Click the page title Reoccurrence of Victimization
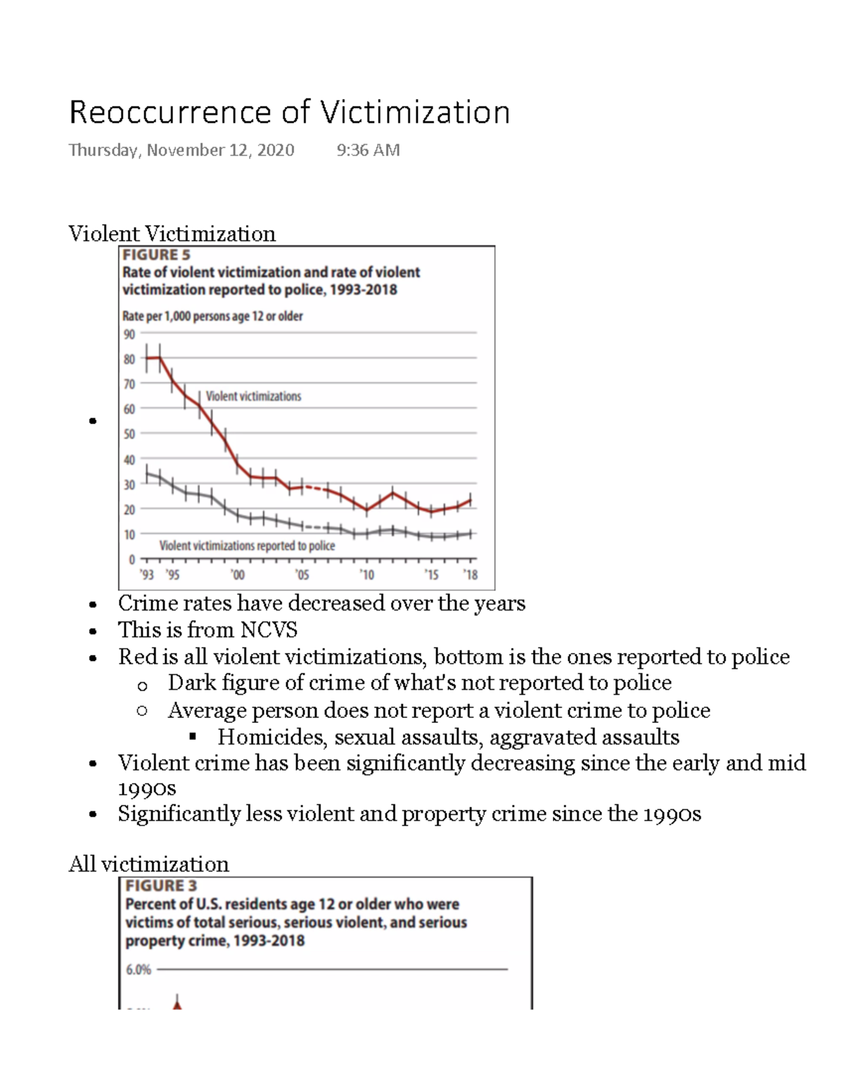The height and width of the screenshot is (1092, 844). [289, 113]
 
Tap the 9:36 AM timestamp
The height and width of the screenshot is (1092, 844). [368, 150]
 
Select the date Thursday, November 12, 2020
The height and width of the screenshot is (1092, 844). [181, 150]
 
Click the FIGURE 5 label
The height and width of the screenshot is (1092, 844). [156, 255]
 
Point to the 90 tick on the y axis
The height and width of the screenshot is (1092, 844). [129, 335]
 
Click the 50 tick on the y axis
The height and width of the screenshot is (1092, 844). [129, 435]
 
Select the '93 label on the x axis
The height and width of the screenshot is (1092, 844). [146, 574]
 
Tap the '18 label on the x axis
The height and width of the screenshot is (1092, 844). [471, 574]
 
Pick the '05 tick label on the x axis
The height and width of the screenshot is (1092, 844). [302, 574]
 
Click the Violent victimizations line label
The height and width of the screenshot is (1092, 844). [253, 397]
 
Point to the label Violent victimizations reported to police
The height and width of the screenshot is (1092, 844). [247, 546]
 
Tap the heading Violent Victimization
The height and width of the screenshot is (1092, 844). [172, 233]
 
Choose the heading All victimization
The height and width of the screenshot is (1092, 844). [148, 863]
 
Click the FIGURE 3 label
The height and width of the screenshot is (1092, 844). [160, 886]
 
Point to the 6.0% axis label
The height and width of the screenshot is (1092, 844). [139, 970]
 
